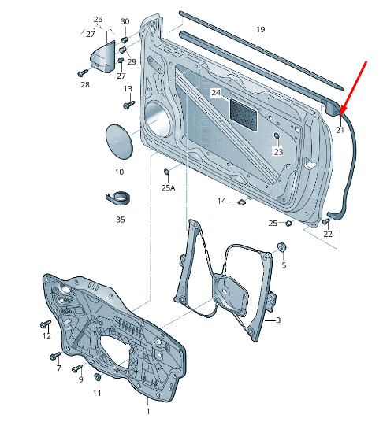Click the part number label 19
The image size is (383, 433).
click(x=261, y=29)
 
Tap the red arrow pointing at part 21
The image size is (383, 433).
click(x=353, y=88)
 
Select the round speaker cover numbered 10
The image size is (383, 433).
click(x=119, y=141)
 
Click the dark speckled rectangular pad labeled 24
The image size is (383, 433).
click(x=244, y=114)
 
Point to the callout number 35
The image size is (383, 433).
click(x=121, y=220)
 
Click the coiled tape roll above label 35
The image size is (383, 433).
click(x=118, y=198)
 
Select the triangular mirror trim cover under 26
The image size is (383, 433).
click(x=103, y=57)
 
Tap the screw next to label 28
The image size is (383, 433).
click(x=83, y=73)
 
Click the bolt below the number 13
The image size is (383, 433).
click(x=129, y=105)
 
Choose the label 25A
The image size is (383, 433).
click(x=169, y=188)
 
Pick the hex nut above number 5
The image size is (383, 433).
click(x=281, y=246)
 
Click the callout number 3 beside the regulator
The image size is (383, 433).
click(x=278, y=320)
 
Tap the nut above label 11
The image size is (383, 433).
click(x=97, y=377)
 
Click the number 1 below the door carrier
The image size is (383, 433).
click(x=148, y=411)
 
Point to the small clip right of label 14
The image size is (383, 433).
click(x=242, y=202)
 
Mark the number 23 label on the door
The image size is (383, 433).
click(x=278, y=152)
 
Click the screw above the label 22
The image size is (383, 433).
click(x=326, y=221)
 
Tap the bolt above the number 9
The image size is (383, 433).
click(x=77, y=368)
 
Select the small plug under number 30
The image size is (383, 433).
click(x=125, y=39)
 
